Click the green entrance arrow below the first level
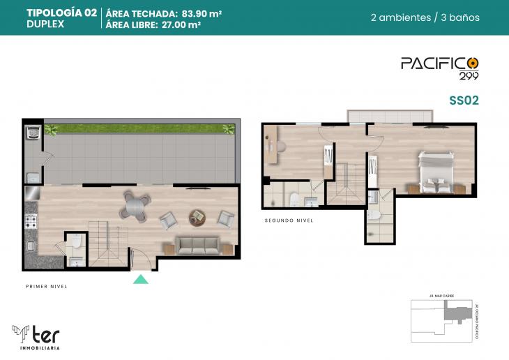point(141,280)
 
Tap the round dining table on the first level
point(135,205)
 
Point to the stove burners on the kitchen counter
point(31,223)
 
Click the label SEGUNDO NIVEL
point(289,220)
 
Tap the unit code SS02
point(463,100)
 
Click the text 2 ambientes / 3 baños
point(425,18)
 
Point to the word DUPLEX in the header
point(45,24)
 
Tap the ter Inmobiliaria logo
point(38,336)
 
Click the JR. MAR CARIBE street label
point(441,297)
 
